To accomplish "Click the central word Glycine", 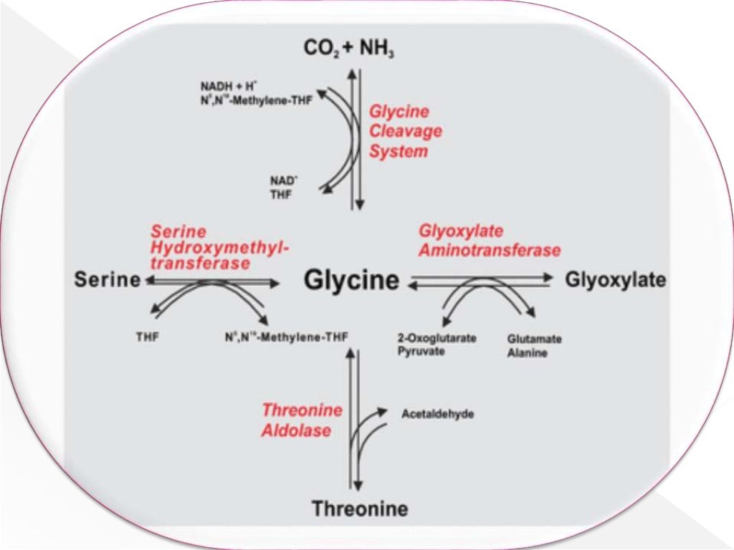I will click(x=351, y=280).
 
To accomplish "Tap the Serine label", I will click(x=107, y=280).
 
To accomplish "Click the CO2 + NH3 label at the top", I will click(x=349, y=49).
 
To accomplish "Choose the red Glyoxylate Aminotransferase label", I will click(x=489, y=241).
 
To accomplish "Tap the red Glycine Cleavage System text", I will click(x=405, y=132).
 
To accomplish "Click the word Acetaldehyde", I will click(x=437, y=414).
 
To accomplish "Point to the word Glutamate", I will click(x=534, y=339).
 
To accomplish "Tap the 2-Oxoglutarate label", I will click(x=437, y=339).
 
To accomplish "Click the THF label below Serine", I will click(x=148, y=335).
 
